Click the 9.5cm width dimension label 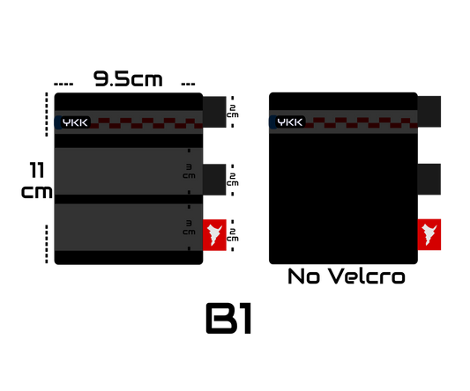[x=128, y=78]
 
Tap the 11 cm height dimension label [x=37, y=180]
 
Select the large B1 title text [x=228, y=318]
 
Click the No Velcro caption [x=347, y=276]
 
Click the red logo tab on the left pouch [x=214, y=235]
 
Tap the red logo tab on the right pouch [x=429, y=235]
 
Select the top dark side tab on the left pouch [x=214, y=112]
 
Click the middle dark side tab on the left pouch [x=214, y=180]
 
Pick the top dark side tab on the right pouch [x=429, y=112]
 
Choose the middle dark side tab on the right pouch [x=429, y=179]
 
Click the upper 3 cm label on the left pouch [x=189, y=171]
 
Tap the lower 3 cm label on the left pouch [x=189, y=227]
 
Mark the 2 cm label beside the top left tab [x=233, y=111]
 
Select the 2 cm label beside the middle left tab [x=233, y=180]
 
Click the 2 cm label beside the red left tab [x=233, y=235]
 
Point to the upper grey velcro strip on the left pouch [x=129, y=171]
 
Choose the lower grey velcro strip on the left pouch [x=129, y=227]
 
